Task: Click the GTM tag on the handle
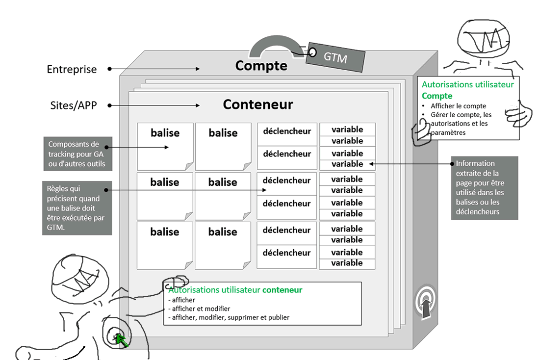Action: click(335, 57)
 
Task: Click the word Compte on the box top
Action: click(261, 65)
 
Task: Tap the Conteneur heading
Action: click(258, 104)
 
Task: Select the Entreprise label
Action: click(72, 70)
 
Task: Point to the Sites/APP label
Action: click(73, 105)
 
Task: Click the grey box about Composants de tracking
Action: click(77, 154)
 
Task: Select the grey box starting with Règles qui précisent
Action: click(77, 208)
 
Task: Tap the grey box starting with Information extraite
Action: click(484, 187)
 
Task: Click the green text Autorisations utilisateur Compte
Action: click(467, 90)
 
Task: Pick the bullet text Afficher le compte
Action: click(458, 106)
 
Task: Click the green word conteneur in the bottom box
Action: click(282, 290)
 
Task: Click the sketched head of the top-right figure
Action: click(483, 39)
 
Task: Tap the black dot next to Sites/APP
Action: click(110, 105)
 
